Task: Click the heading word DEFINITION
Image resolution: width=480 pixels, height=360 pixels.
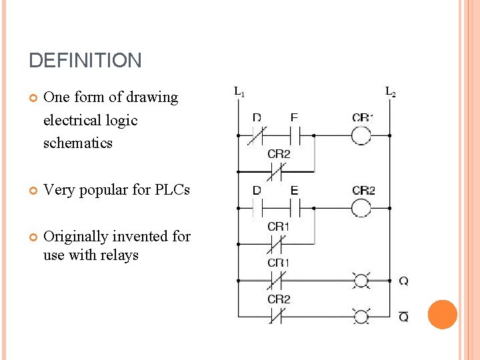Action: [x=85, y=61]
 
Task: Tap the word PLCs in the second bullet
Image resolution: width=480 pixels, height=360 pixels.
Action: [x=172, y=189]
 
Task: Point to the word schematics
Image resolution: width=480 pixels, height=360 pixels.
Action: [x=77, y=143]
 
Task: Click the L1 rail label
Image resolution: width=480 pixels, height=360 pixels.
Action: [x=238, y=91]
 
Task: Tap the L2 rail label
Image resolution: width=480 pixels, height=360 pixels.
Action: [x=390, y=91]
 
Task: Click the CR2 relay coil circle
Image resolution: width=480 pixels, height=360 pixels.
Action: [x=361, y=208]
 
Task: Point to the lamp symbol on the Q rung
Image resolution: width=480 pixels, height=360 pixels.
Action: [x=361, y=280]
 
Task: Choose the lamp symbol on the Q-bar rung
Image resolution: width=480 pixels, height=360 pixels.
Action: [x=361, y=316]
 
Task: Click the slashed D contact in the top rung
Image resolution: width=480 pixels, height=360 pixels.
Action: [x=257, y=136]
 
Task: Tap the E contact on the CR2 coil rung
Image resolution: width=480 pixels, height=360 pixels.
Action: [x=295, y=208]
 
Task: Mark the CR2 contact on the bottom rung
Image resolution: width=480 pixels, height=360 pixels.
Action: [x=277, y=316]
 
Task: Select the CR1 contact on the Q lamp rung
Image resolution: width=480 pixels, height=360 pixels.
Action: [x=277, y=280]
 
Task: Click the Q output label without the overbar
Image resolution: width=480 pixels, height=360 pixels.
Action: [x=403, y=281]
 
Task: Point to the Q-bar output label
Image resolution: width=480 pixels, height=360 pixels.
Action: [x=403, y=317]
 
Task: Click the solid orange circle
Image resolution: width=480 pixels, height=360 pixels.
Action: [x=442, y=315]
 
